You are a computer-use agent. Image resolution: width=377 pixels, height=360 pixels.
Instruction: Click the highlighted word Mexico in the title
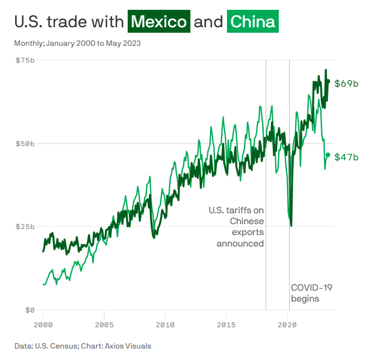point(159,22)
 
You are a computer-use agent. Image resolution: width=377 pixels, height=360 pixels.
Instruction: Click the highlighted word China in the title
point(252,22)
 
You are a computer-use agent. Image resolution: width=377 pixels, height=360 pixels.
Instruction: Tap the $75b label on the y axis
point(24,60)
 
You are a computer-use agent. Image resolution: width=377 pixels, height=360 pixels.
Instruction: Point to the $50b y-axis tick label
point(24,143)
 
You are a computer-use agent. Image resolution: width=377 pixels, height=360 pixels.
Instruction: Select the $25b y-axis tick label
point(24,226)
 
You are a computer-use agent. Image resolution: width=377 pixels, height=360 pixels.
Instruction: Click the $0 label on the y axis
point(29,310)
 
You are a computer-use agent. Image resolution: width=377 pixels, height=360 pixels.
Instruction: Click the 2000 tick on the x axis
point(43,325)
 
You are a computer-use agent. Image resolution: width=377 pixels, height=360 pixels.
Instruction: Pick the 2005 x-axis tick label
point(104,325)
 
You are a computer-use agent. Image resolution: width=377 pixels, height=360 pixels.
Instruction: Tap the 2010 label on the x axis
point(165,325)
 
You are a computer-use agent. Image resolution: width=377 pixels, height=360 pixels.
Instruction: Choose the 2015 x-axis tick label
point(226,325)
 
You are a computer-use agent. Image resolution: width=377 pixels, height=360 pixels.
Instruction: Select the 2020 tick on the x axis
point(288,325)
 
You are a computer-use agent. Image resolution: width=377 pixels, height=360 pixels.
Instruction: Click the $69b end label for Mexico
point(346,83)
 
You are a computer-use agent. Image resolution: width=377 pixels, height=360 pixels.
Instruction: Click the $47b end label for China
point(346,157)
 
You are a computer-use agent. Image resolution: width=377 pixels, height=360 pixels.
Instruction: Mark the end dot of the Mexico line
point(328,81)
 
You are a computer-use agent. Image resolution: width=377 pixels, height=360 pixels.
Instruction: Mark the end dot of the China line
point(328,155)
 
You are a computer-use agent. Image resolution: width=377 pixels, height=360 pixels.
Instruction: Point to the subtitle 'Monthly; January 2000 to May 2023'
point(77,43)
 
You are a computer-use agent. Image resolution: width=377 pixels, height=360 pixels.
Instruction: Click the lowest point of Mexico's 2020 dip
point(291,225)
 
